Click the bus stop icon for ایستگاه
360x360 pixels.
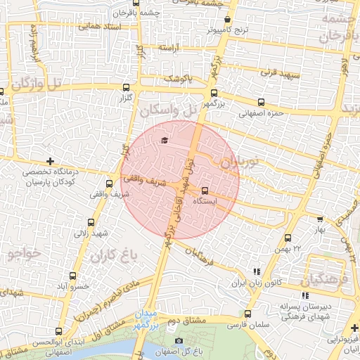[x=205, y=190]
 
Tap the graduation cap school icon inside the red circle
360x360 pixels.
[x=165, y=140]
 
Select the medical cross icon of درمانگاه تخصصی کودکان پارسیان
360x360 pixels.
[x=49, y=162]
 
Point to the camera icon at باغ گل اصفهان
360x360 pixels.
[x=179, y=342]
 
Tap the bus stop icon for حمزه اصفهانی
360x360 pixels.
[x=262, y=102]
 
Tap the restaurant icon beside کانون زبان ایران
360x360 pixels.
[x=257, y=271]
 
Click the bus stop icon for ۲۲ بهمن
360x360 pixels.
[x=288, y=238]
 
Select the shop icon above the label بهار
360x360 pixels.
[x=320, y=219]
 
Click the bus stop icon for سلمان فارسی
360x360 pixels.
[x=247, y=314]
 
